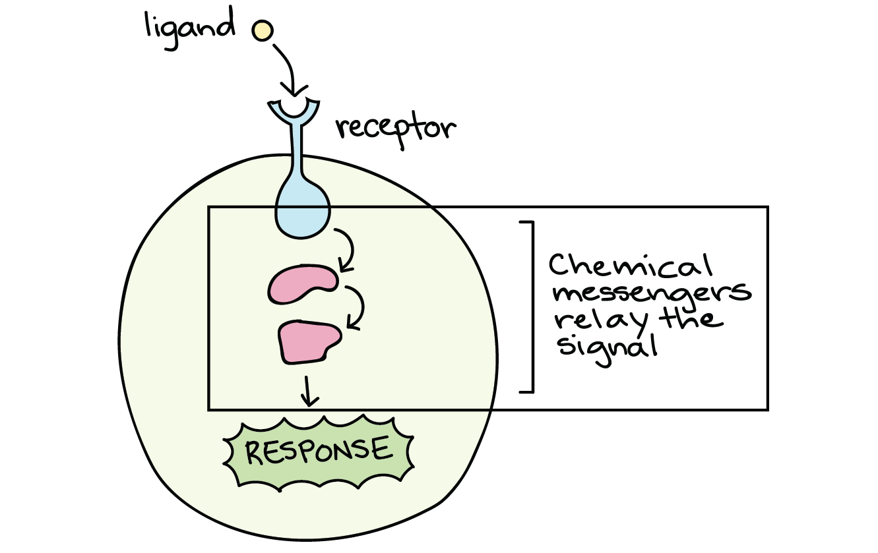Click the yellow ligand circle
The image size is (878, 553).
tap(262, 30)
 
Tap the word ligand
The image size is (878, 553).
tap(189, 28)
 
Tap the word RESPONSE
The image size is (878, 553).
tap(318, 451)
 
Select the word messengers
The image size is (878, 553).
tap(650, 294)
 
